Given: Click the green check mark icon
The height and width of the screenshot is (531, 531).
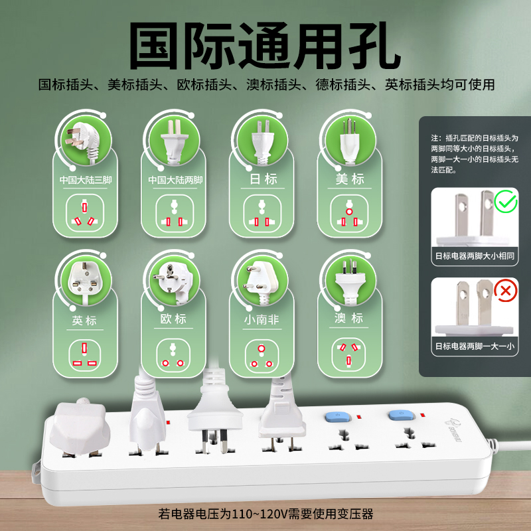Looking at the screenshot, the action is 505,202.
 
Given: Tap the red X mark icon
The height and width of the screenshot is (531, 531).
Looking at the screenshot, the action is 505,291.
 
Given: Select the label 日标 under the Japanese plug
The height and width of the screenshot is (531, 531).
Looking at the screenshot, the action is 263,179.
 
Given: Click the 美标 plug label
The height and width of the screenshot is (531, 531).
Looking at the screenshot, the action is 350,179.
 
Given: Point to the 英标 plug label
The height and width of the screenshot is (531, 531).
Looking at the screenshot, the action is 84,321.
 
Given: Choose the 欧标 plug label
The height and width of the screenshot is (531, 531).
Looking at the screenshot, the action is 173,319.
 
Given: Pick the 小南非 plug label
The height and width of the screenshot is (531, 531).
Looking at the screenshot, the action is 262,320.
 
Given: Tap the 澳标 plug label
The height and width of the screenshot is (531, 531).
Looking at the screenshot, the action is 349,319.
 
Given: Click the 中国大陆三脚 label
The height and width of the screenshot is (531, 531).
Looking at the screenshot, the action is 86,180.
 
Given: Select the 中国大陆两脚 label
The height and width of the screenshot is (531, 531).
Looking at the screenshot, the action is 175,180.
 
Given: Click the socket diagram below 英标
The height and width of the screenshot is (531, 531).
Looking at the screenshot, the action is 85,355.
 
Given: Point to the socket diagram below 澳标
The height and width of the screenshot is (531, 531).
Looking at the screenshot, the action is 349,354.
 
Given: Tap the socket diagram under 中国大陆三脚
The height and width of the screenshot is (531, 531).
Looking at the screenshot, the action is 85,213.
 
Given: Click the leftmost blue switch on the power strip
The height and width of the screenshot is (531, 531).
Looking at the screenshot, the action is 337,417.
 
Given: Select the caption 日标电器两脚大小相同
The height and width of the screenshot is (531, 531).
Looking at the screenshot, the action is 475,256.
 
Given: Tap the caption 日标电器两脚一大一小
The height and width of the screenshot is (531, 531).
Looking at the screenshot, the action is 475,346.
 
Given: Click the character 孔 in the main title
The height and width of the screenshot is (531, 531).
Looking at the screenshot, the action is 375,46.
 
